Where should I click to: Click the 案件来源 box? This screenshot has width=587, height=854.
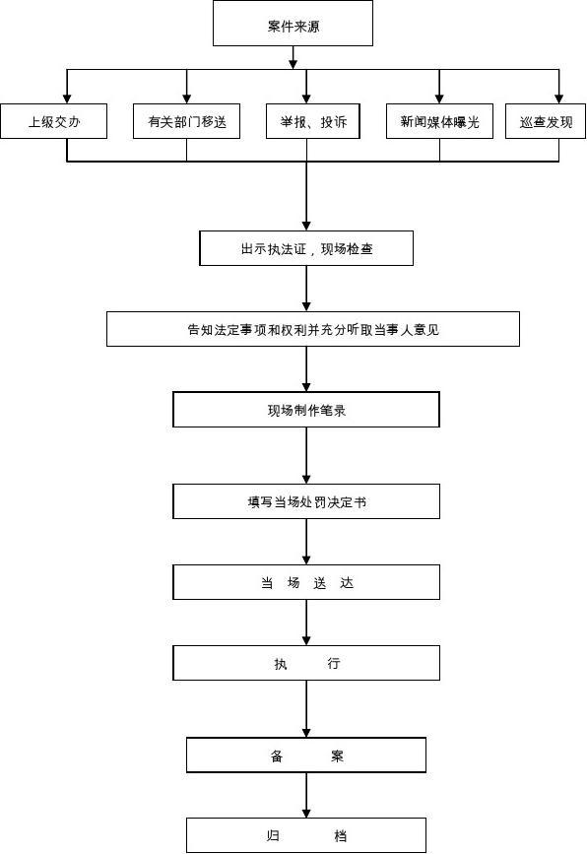point(293,23)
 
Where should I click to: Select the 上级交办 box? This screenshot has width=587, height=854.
point(53,121)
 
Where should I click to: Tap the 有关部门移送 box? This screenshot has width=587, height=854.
point(186,121)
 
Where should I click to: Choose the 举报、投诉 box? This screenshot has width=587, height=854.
point(312,121)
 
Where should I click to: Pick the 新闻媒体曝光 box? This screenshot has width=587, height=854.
point(439,121)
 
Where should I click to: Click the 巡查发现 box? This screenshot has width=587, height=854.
point(546,121)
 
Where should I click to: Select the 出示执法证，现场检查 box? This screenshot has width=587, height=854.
point(306,248)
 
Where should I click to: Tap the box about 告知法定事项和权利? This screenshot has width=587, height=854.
point(312,329)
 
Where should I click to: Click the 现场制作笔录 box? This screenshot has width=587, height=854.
point(306,410)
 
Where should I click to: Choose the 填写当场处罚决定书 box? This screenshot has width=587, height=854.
point(306,501)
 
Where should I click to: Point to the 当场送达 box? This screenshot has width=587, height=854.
point(306,582)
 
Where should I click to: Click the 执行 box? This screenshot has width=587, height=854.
point(306,663)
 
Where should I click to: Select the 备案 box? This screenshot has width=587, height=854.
point(306,755)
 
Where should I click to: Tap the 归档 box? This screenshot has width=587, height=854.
point(306,835)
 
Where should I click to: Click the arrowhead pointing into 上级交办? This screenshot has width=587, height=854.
point(67,99)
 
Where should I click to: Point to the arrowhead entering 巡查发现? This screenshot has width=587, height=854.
point(558,99)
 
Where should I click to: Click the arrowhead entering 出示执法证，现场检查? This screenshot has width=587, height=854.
point(306,226)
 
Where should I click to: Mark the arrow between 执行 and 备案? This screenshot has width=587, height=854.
point(306,708)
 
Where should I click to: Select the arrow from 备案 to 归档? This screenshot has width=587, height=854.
point(306,795)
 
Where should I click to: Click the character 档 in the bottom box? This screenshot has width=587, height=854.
point(341,835)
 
